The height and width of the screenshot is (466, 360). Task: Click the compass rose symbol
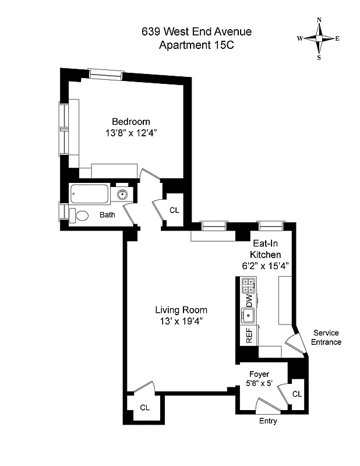[319, 38]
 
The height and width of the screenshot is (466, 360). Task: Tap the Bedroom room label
[131, 122]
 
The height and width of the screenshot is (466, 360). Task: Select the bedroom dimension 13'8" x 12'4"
[131, 133]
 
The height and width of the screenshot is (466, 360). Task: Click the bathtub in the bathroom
[89, 194]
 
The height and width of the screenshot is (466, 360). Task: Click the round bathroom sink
[123, 195]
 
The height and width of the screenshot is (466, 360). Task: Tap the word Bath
[107, 215]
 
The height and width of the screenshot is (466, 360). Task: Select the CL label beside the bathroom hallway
[174, 210]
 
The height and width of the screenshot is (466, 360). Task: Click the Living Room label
[181, 310]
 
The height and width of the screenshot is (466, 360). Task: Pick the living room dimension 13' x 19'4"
[181, 321]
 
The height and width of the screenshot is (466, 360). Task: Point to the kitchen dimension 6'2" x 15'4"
[266, 266]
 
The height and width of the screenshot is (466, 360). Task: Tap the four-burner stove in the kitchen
[249, 285]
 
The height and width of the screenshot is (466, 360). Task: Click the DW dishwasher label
[249, 301]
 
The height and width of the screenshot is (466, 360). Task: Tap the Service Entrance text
[326, 337]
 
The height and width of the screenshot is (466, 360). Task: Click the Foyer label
[260, 374]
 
